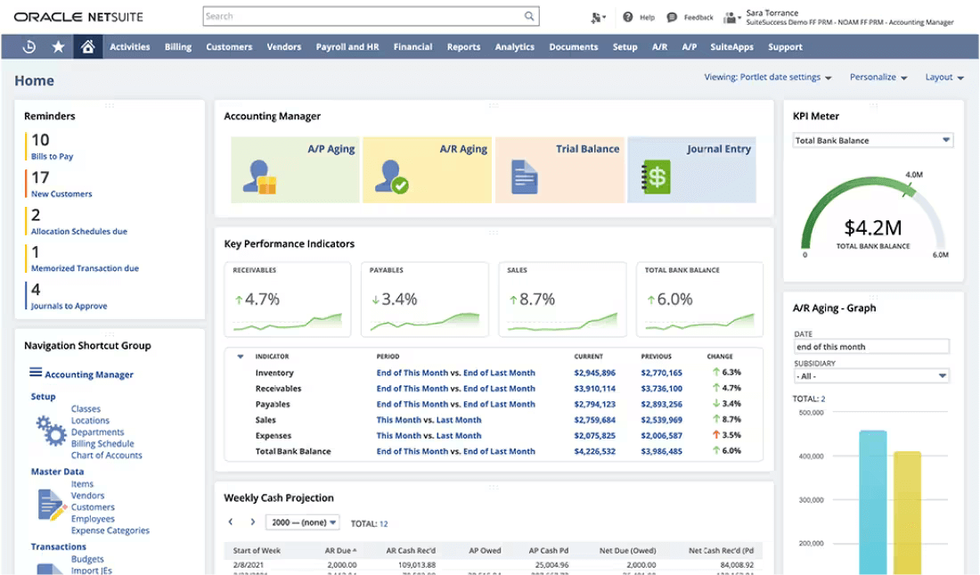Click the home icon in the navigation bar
coord(87,47)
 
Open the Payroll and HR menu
coord(347,47)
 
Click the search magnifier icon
coord(530,16)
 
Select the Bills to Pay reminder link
coord(53,157)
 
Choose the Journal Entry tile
coord(691,169)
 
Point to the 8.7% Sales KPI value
coord(536,300)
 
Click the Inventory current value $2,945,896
coord(594,374)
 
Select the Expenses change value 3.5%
coord(731,436)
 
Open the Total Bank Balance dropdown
coord(872,141)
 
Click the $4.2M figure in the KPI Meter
coord(872,227)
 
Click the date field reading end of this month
coord(870,347)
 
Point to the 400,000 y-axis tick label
coord(811,456)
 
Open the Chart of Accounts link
coord(106,456)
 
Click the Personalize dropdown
coord(878,78)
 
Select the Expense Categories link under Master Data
coord(110,530)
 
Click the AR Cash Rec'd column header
coord(410,551)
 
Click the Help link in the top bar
coord(639,17)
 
